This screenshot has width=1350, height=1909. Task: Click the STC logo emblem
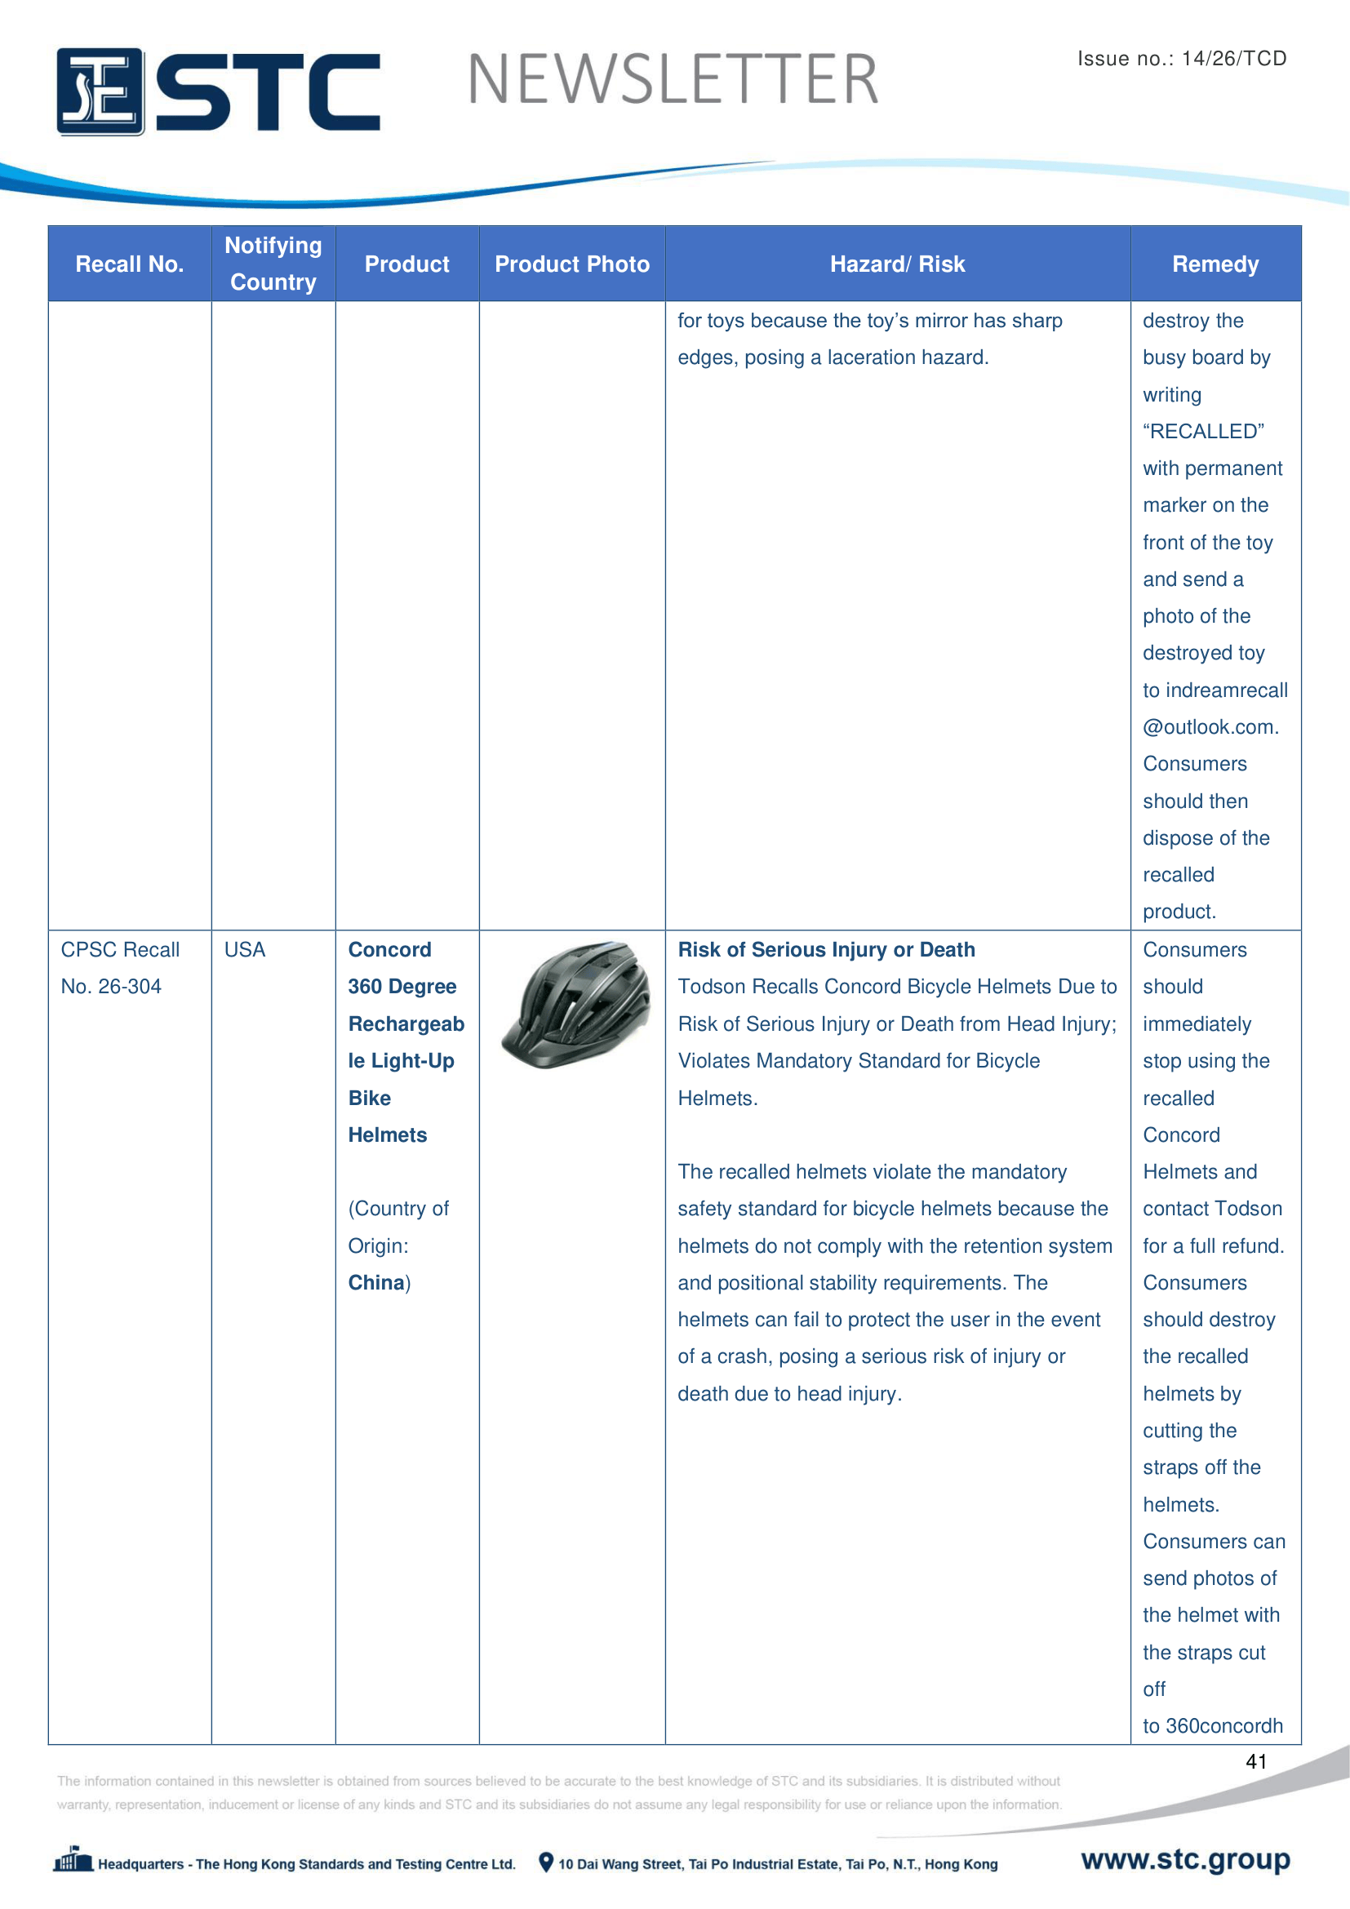click(x=100, y=91)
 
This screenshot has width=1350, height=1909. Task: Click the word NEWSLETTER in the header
click(x=673, y=80)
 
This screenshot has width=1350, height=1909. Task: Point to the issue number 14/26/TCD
click(x=1233, y=58)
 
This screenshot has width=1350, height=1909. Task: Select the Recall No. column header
click(x=130, y=264)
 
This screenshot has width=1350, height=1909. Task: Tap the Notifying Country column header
click(x=273, y=264)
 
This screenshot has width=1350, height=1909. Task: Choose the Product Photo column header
click(x=572, y=264)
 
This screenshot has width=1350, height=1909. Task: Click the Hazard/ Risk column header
click(x=897, y=264)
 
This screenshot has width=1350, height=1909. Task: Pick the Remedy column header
click(x=1215, y=264)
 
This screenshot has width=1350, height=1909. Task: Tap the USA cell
click(x=244, y=949)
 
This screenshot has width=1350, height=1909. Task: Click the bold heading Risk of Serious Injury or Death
click(x=826, y=949)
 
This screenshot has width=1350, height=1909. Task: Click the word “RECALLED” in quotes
click(x=1203, y=432)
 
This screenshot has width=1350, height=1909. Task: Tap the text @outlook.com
click(x=1210, y=727)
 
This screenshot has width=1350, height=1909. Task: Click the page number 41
click(x=1256, y=1762)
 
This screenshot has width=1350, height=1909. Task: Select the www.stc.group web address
click(x=1185, y=1859)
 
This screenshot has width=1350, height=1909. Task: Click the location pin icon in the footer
click(x=545, y=1862)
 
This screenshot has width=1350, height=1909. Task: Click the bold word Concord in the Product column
click(x=389, y=949)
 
